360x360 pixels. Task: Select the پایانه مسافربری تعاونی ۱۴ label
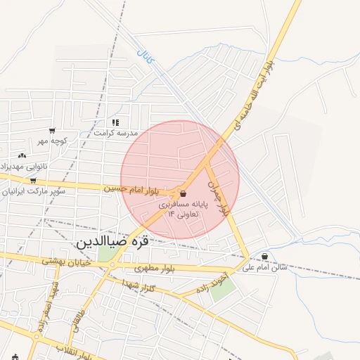tap(179, 208)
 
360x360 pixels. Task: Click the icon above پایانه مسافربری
tap(184, 193)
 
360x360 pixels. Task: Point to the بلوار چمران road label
tap(219, 195)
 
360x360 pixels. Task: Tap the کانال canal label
tap(143, 55)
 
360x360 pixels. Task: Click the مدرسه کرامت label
tap(117, 132)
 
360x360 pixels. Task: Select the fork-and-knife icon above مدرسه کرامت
tap(115, 122)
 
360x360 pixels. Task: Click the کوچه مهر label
tap(53, 141)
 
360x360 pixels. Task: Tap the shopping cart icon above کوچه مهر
tap(52, 131)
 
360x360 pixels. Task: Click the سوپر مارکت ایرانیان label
tap(32, 191)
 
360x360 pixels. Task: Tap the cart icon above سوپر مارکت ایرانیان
tap(33, 181)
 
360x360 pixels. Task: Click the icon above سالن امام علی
tap(264, 257)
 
